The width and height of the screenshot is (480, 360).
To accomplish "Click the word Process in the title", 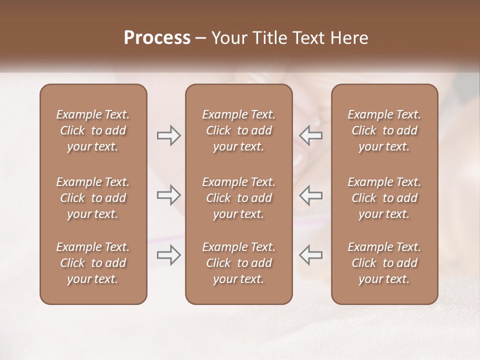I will coord(157,38).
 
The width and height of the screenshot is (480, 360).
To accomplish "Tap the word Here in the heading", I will coord(349,38).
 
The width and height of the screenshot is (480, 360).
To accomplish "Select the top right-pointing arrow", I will coord(168,135).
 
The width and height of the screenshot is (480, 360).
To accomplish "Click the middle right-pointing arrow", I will coord(168,195).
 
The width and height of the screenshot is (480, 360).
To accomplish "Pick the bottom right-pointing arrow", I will coord(168,255).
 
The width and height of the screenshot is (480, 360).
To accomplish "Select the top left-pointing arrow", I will coord(310,135).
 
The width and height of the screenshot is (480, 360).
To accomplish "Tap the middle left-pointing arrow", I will coord(310,195).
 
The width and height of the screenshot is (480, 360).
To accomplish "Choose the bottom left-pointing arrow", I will coord(310,255).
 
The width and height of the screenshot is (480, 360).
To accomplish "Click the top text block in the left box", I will coord(93,130).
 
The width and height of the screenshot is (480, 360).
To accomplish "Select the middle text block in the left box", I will coord(93,198).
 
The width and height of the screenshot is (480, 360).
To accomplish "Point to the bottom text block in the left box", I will coord(93,263).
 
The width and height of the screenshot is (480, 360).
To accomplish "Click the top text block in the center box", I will coord(238,130).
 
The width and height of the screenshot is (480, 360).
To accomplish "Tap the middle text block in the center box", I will coord(238,198).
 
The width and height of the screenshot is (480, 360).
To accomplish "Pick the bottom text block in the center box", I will coord(238,263).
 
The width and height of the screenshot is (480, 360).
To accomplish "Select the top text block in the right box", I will coord(384,130).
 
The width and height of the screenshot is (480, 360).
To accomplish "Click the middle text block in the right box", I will coord(384,198).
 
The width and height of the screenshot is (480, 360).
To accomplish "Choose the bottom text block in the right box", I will coord(384,263).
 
